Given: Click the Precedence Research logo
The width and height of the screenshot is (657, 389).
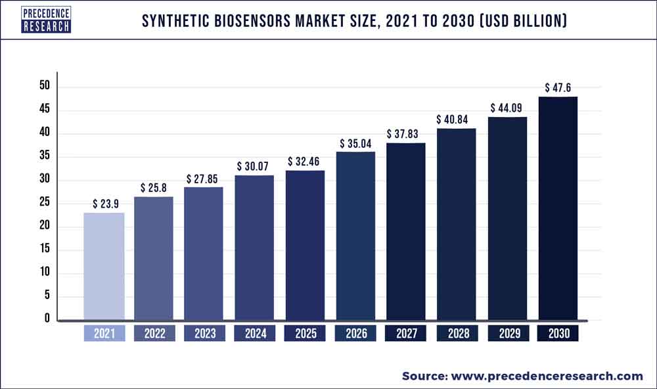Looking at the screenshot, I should (45, 20).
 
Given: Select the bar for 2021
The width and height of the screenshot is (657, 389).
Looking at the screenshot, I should (104, 266).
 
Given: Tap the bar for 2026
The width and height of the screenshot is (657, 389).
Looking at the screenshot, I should (355, 236).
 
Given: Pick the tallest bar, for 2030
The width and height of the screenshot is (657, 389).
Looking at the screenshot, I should (557, 208).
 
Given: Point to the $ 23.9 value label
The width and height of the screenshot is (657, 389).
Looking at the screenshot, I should (104, 203).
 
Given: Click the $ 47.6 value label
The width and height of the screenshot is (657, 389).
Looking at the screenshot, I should (557, 87).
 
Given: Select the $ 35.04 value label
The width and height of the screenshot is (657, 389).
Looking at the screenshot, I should (355, 143).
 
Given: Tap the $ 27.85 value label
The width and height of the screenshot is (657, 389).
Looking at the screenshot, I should (204, 178).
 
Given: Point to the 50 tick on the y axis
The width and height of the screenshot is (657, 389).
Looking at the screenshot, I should (43, 87).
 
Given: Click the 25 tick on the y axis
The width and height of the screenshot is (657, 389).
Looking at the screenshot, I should (43, 204).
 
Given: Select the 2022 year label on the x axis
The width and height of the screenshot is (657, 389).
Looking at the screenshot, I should (154, 334).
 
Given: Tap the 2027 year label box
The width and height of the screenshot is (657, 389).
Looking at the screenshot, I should (406, 334).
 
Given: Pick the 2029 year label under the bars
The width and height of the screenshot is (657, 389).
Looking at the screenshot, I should (507, 334).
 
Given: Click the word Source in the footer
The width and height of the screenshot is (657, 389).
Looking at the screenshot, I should (422, 376).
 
